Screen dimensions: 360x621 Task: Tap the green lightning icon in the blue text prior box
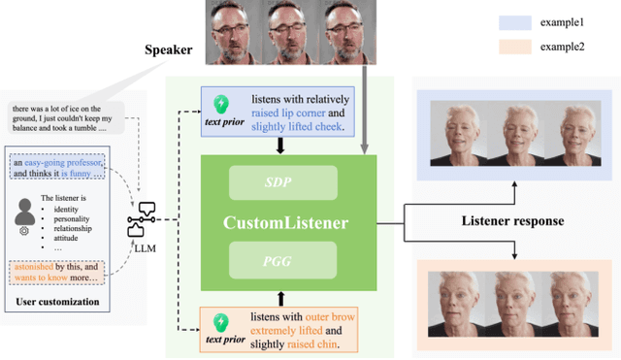tap(220, 103)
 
